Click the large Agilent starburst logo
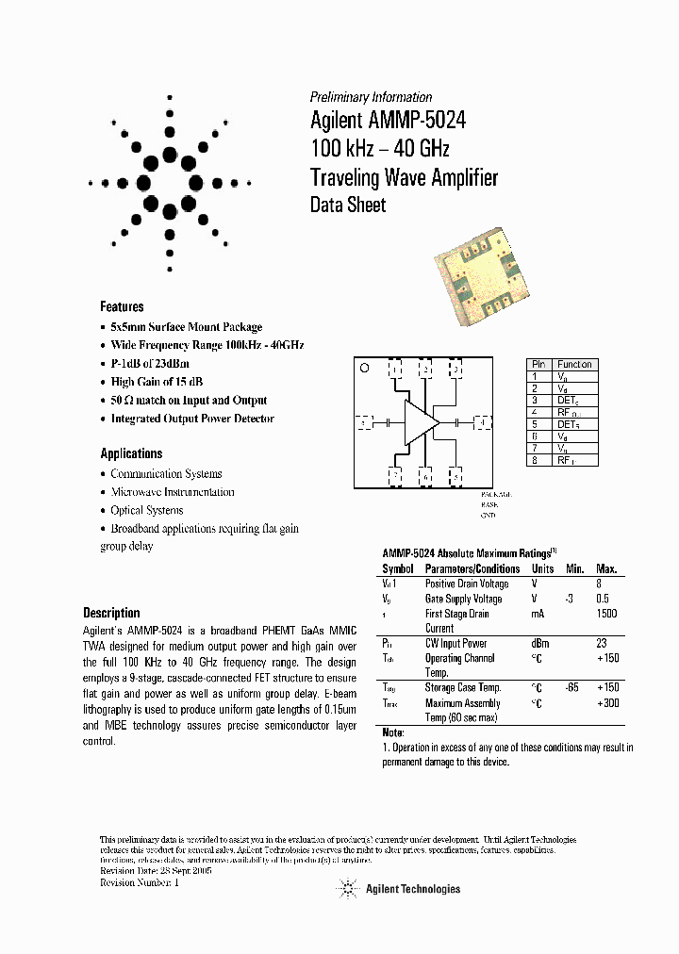tap(170, 182)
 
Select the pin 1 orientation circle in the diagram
tap(364, 368)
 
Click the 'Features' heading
tap(122, 306)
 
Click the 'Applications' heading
tap(131, 452)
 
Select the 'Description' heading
tap(111, 612)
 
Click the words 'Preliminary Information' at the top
tap(371, 97)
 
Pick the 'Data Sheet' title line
tap(348, 205)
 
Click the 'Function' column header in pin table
tap(574, 364)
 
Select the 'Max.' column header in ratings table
tap(606, 568)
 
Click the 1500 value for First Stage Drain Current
tap(606, 614)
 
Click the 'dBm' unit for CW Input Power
tap(541, 644)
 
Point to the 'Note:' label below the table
tap(393, 732)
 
